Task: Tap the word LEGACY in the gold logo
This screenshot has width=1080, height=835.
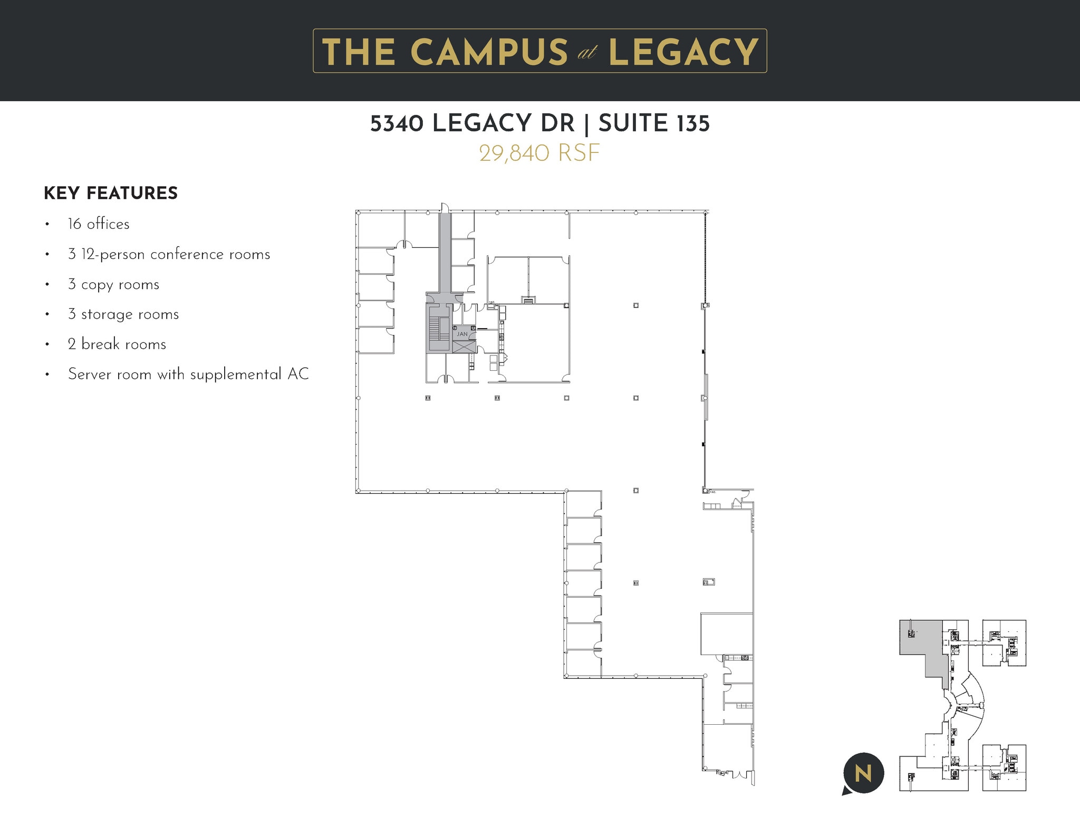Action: [x=683, y=52]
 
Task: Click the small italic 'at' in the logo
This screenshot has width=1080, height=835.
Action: [x=587, y=53]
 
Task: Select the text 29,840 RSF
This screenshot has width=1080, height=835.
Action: [x=539, y=153]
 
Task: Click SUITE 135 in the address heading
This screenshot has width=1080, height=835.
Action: [x=654, y=123]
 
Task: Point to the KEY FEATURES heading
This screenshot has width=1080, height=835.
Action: [x=111, y=193]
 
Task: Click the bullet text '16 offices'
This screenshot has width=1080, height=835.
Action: [x=99, y=224]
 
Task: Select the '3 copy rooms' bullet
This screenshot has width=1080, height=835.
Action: [x=113, y=284]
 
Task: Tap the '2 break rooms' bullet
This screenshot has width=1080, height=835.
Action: [x=117, y=344]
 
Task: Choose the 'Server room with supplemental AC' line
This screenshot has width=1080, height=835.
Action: [x=188, y=375]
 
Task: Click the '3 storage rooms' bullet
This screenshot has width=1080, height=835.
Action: [x=123, y=314]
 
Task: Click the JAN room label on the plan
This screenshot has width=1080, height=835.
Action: [x=462, y=334]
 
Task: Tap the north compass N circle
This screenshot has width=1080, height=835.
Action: [x=863, y=773]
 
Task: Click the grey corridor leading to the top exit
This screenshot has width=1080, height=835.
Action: [x=446, y=253]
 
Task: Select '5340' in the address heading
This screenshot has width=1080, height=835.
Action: [x=397, y=123]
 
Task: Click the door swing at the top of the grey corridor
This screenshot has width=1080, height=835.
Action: [x=445, y=207]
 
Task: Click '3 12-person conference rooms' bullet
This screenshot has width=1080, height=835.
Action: [x=169, y=254]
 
